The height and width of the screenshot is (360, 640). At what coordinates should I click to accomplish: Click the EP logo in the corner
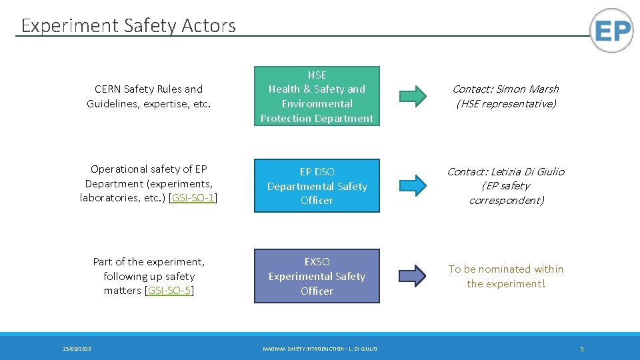tap(611, 31)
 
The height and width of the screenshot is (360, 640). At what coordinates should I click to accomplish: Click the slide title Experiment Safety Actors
tap(128, 26)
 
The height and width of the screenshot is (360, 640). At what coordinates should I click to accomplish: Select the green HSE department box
tap(317, 96)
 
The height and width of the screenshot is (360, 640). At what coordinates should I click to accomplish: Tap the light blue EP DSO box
tap(317, 185)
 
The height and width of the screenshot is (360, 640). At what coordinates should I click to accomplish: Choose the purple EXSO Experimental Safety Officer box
tap(317, 276)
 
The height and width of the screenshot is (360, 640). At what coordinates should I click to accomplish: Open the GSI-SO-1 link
tap(193, 198)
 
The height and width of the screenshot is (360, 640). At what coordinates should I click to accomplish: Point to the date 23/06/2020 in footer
tap(77, 349)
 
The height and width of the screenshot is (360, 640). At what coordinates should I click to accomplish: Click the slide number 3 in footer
tap(581, 349)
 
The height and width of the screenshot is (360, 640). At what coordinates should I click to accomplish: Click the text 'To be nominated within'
tap(505, 269)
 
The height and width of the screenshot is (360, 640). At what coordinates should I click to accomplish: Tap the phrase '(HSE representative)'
tap(505, 104)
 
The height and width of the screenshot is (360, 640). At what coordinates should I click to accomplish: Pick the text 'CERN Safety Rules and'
tap(149, 89)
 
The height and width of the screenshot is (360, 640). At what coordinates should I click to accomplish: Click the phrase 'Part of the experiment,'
tap(149, 262)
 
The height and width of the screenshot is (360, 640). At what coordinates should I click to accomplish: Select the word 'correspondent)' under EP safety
tap(506, 201)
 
